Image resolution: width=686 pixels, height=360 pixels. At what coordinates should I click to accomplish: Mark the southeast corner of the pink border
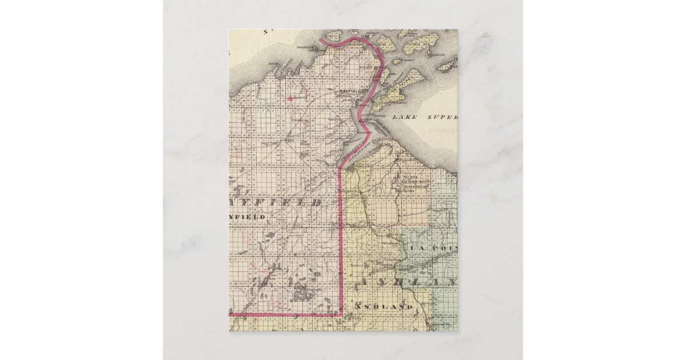[x=341, y=314]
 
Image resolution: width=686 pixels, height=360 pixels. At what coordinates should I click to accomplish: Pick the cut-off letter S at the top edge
[x=266, y=32]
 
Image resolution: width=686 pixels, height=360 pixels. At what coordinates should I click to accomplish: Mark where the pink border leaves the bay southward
[x=341, y=169]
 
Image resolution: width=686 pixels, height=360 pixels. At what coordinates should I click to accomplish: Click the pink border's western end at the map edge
[x=230, y=314]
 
